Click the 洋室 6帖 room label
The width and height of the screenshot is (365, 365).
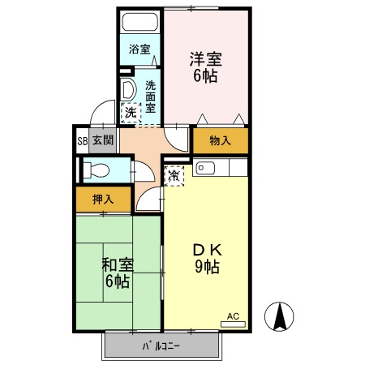click(x=206, y=68)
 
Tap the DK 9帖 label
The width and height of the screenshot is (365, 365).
click(x=206, y=258)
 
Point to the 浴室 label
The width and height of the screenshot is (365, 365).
click(x=140, y=49)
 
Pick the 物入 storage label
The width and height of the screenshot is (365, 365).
click(x=220, y=140)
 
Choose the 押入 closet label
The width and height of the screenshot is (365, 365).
click(x=101, y=198)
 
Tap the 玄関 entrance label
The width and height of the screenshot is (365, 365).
click(x=102, y=140)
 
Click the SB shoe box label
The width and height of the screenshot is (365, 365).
click(x=82, y=140)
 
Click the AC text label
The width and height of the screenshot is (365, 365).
click(x=233, y=316)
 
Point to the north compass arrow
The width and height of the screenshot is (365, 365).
click(x=281, y=316)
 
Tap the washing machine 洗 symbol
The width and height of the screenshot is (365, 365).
click(x=130, y=113)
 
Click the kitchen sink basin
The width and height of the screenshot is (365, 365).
click(x=205, y=169)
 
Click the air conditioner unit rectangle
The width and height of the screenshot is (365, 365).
click(x=233, y=325)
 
